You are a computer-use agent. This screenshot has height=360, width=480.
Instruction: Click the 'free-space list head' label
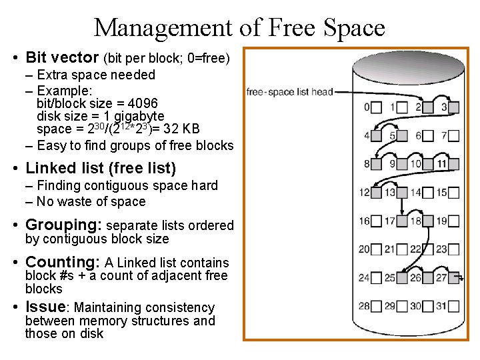coord(289,92)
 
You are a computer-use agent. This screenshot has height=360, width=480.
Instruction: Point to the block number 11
coord(442,164)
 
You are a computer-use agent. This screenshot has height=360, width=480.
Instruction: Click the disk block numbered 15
coord(454,193)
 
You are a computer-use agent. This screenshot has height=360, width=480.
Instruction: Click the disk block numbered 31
coord(454,306)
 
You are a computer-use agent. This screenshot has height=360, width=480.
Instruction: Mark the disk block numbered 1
coord(403,107)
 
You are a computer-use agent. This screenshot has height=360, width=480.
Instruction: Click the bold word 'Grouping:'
coord(63,225)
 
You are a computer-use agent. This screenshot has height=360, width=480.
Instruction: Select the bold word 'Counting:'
coord(63,263)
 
